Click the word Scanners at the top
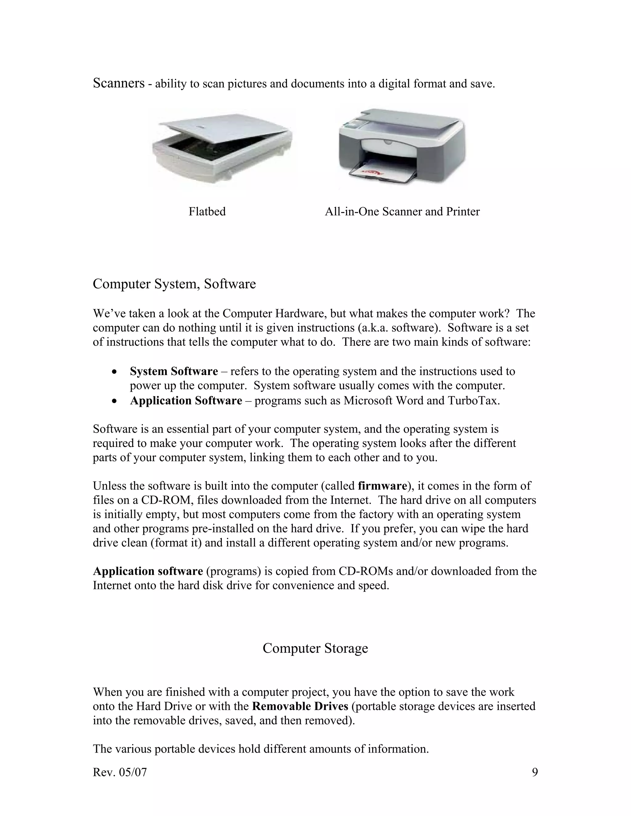(119, 83)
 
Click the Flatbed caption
(207, 212)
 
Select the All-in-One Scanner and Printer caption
(402, 212)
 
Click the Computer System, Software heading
(174, 284)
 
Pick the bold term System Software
(173, 371)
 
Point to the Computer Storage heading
(315, 648)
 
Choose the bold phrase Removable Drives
(300, 706)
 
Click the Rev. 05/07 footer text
(120, 772)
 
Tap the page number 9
(535, 772)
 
